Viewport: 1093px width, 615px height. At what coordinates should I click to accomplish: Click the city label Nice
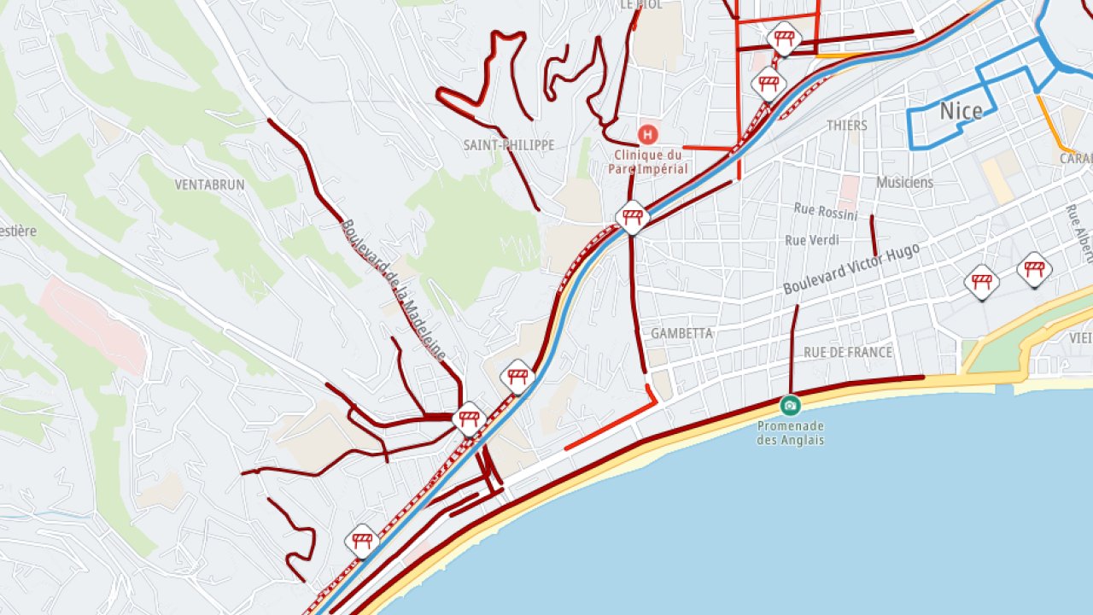(961, 111)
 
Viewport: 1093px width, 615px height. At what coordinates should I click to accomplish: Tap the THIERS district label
(846, 126)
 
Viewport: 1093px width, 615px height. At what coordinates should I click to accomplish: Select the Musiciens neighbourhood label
(904, 182)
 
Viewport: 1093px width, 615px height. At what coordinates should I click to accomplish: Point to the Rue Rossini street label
(826, 211)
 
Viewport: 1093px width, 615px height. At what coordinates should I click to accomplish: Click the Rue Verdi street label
(812, 240)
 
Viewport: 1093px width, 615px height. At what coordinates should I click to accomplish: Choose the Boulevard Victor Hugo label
(851, 269)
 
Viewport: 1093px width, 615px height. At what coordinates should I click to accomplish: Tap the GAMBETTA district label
(681, 333)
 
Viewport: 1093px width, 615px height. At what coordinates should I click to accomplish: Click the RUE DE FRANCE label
(847, 352)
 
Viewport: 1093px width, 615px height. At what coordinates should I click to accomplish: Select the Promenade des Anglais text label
(791, 433)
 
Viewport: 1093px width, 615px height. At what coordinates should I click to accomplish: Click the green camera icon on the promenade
(791, 405)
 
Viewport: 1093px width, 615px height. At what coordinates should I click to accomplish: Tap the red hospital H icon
(648, 134)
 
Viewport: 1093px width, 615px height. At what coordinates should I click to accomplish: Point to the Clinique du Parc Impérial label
(648, 161)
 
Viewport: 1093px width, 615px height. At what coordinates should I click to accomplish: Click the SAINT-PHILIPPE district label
(509, 145)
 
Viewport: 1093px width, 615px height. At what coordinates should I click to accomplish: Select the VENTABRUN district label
(210, 184)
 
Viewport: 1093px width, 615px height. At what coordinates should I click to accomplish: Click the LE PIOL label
(640, 4)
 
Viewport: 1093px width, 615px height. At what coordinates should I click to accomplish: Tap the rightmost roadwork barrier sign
(1034, 270)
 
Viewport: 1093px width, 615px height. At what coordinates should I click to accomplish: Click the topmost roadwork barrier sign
(784, 38)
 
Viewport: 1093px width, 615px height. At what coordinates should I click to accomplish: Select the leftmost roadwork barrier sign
(362, 541)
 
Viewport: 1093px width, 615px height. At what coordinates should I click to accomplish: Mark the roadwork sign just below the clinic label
(632, 217)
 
